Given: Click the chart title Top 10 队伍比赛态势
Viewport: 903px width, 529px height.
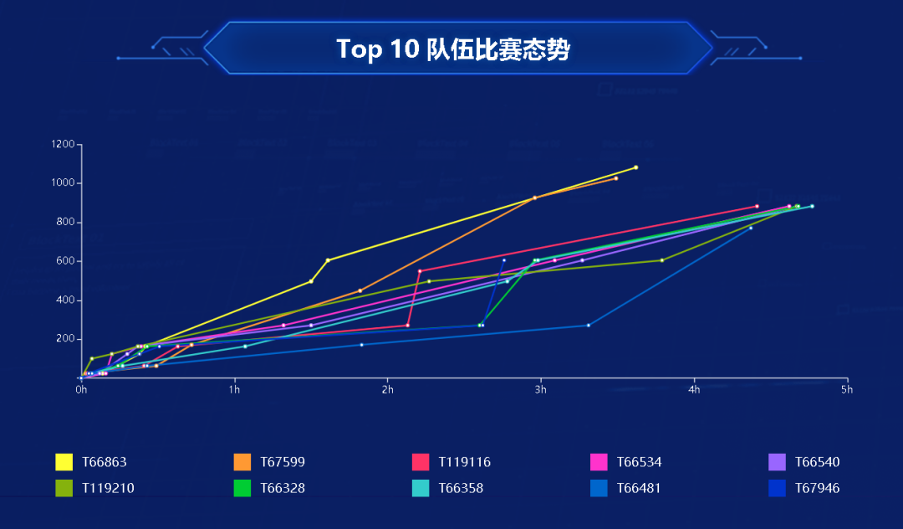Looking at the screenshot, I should (452, 49).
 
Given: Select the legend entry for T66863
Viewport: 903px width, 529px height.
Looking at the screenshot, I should (104, 462).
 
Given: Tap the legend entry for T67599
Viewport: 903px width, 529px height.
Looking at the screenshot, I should (282, 462).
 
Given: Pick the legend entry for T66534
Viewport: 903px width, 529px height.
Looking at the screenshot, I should (639, 462).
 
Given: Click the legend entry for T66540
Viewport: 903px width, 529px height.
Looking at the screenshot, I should (817, 462).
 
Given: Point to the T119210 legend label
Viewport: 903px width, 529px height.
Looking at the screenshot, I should (108, 488).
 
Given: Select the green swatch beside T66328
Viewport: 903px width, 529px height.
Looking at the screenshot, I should (242, 488).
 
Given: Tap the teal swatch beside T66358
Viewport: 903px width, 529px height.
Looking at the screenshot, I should (421, 488).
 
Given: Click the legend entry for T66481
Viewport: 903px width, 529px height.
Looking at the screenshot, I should (639, 488).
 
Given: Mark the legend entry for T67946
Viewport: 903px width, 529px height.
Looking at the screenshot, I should (817, 488).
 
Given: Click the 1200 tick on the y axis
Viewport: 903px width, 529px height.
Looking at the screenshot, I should (63, 145).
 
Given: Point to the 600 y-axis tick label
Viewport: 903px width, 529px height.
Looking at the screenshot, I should (65, 261).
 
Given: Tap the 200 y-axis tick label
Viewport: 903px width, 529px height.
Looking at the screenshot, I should (65, 339).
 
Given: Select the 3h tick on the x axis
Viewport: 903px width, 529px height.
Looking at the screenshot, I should (541, 389).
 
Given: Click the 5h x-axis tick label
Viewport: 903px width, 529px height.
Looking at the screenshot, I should (847, 389).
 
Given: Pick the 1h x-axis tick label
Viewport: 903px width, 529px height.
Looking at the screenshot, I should (234, 389).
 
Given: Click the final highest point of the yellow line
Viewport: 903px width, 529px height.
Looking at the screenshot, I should (635, 167).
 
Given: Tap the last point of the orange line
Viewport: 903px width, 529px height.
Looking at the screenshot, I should (615, 178).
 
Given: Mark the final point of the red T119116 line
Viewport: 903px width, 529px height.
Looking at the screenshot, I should (757, 206).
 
